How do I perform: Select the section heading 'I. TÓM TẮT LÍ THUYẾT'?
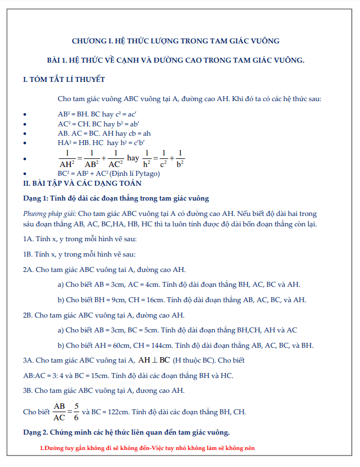(64, 80)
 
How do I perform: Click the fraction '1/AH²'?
(67, 158)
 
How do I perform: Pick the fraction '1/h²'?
(147, 158)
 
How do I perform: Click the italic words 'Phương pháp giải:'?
(50, 214)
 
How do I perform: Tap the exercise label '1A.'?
(28, 239)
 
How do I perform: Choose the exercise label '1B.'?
(28, 254)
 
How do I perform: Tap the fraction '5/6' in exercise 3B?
(76, 411)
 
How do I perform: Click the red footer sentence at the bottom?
(147, 448)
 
